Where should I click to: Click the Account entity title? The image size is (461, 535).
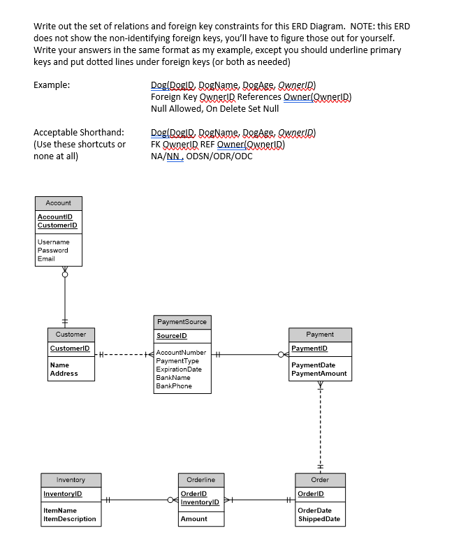click(58, 203)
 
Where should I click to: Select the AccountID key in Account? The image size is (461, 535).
click(55, 217)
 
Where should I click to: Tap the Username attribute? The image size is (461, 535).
click(53, 242)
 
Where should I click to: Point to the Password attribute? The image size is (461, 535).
click(52, 250)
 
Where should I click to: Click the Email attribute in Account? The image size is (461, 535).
click(46, 258)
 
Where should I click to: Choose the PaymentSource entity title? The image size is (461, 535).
click(182, 322)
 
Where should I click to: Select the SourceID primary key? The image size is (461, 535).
click(171, 336)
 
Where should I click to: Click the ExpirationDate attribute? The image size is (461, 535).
click(179, 369)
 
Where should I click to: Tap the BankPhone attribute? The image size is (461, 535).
click(174, 386)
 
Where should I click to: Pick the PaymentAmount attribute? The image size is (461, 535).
click(319, 374)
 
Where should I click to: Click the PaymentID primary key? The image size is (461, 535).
click(309, 349)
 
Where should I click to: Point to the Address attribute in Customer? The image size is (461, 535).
click(64, 374)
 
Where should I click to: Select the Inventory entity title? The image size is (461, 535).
click(71, 480)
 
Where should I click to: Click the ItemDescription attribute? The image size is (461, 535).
click(69, 519)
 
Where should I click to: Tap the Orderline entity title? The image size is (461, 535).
click(200, 480)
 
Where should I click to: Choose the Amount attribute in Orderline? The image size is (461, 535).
click(193, 519)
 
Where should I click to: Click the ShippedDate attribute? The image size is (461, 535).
click(319, 519)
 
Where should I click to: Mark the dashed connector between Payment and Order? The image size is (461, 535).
click(321, 426)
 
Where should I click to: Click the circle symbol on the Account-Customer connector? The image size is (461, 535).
click(65, 274)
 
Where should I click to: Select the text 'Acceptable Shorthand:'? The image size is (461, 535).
click(79, 132)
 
